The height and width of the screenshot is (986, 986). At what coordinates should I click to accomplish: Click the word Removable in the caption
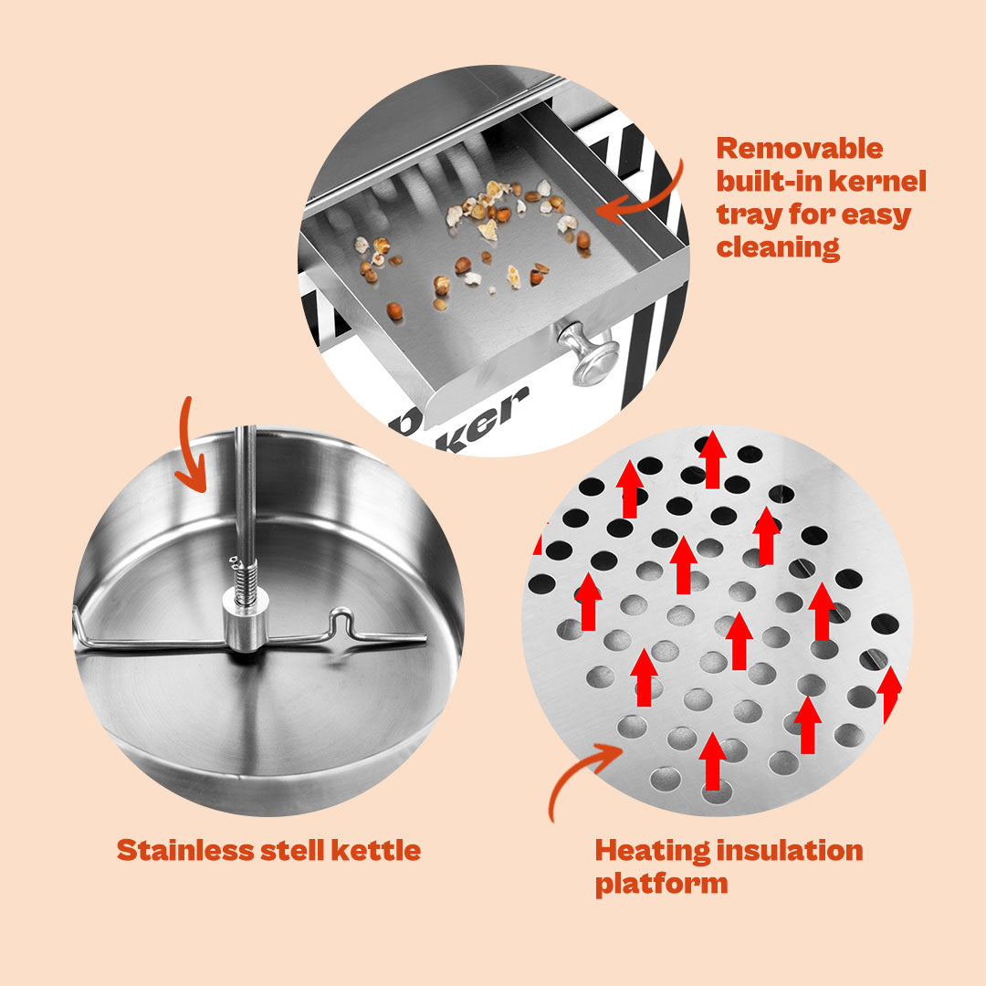799,149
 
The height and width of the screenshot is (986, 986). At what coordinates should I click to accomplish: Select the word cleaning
778,247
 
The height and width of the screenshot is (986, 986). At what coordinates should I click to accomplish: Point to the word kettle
376,850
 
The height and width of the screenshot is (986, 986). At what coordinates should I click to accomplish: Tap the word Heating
653,852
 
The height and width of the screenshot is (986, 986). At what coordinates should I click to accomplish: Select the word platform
661,884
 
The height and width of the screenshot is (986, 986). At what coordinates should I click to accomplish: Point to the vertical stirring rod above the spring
246,490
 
